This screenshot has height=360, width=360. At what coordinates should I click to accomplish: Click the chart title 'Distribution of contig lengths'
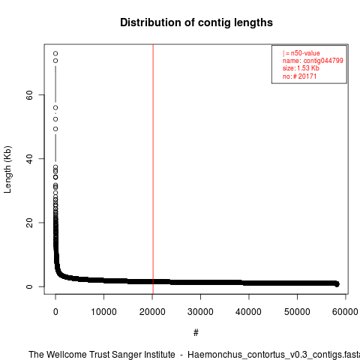[x=196, y=22]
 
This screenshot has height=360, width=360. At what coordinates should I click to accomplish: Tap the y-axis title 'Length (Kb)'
[x=7, y=169]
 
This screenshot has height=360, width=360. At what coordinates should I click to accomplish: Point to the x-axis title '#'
[x=196, y=333]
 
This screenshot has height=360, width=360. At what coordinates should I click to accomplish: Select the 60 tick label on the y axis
[x=29, y=95]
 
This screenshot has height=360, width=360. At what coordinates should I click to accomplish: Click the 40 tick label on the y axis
[x=29, y=159]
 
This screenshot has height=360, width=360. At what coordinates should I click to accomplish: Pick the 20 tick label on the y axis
[x=29, y=223]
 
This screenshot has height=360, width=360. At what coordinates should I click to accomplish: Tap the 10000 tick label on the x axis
[x=103, y=312]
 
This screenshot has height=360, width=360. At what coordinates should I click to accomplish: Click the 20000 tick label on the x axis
[x=152, y=312]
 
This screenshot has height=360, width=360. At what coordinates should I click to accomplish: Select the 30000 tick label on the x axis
[x=200, y=312]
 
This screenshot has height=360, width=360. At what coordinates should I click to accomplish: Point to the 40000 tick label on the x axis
[x=249, y=312]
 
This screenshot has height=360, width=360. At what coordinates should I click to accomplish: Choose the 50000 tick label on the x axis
[x=297, y=312]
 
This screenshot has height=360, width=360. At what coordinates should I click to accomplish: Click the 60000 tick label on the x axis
[x=346, y=312]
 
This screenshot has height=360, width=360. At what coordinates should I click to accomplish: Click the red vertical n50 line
[x=153, y=169]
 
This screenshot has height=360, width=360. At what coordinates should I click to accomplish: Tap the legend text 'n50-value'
[x=305, y=53]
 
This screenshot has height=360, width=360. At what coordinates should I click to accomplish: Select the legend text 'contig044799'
[x=323, y=61]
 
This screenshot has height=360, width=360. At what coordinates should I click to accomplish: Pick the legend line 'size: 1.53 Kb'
[x=301, y=68]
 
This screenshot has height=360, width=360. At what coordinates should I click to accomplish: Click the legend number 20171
[x=307, y=76]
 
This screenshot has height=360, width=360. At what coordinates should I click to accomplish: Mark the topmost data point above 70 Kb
[x=55, y=53]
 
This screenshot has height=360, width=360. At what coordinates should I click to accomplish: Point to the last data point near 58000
[x=337, y=284]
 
